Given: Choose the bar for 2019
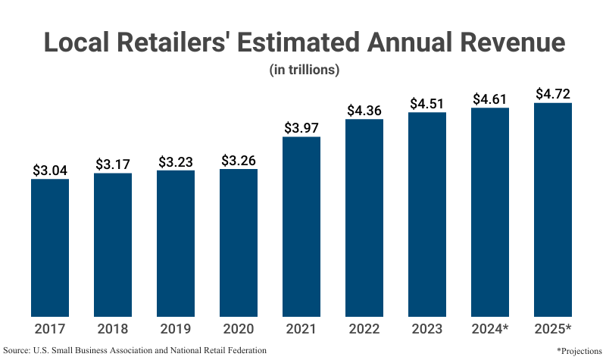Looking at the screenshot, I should [176, 243].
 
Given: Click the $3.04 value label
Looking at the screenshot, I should [50, 171].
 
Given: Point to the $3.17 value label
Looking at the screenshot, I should [113, 164].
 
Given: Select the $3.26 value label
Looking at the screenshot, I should [239, 161].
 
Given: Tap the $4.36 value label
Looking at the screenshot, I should [364, 111].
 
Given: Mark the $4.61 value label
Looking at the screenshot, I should [490, 99].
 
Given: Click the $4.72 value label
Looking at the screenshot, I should [553, 95].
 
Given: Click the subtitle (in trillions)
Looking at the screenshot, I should [303, 70].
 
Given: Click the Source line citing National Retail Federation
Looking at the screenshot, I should [136, 350].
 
